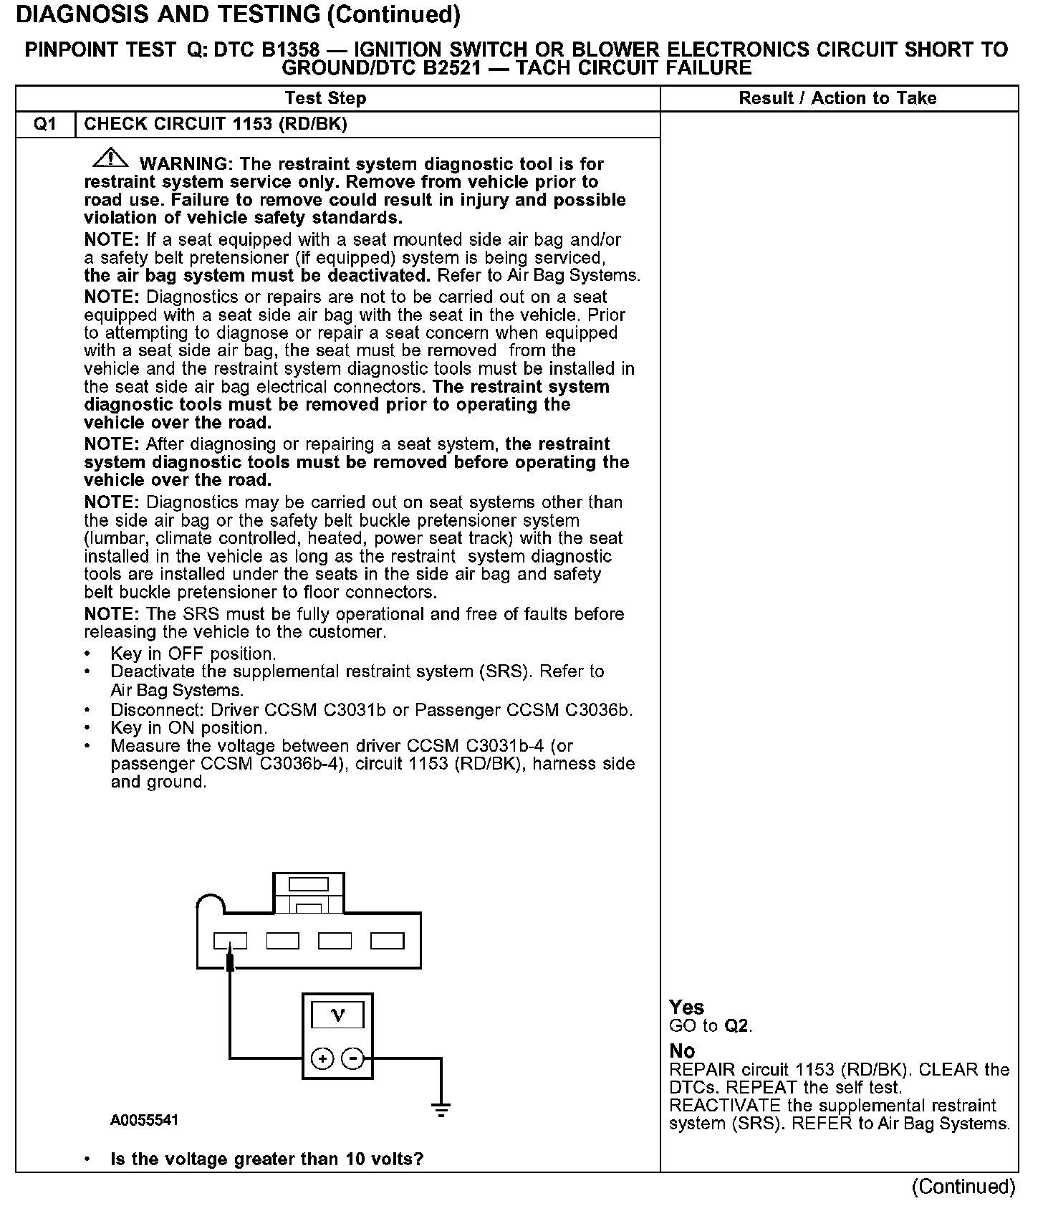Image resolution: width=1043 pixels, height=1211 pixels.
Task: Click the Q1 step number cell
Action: click(45, 124)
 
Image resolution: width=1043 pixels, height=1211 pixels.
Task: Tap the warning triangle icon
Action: click(110, 158)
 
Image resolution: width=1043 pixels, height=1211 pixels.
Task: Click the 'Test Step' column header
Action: click(325, 98)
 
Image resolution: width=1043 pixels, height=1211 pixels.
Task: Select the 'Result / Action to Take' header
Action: click(837, 98)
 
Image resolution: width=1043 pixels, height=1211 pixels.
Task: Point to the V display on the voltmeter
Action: click(337, 1015)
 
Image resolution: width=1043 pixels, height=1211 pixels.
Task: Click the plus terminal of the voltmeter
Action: click(322, 1058)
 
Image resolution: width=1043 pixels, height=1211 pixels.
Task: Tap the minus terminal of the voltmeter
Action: click(352, 1058)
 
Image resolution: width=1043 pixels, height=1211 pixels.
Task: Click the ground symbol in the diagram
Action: click(441, 1110)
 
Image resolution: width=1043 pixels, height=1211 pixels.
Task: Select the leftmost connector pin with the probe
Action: click(230, 941)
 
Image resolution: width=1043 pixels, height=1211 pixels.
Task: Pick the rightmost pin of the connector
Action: click(387, 941)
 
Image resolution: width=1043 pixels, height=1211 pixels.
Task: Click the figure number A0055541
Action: click(144, 1120)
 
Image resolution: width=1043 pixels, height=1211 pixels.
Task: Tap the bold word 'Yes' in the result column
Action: click(686, 1007)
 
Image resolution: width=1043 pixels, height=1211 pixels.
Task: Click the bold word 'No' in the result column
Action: click(682, 1050)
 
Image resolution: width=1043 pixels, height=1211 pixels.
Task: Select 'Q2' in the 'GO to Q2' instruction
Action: click(736, 1025)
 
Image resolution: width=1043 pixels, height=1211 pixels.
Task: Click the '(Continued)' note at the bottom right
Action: click(963, 1187)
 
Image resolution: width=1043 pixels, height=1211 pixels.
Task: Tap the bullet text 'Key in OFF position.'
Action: click(193, 654)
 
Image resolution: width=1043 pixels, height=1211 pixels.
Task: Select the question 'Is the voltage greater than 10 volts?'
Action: click(266, 1159)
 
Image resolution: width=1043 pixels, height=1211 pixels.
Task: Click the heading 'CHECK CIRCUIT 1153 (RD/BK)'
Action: click(216, 124)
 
